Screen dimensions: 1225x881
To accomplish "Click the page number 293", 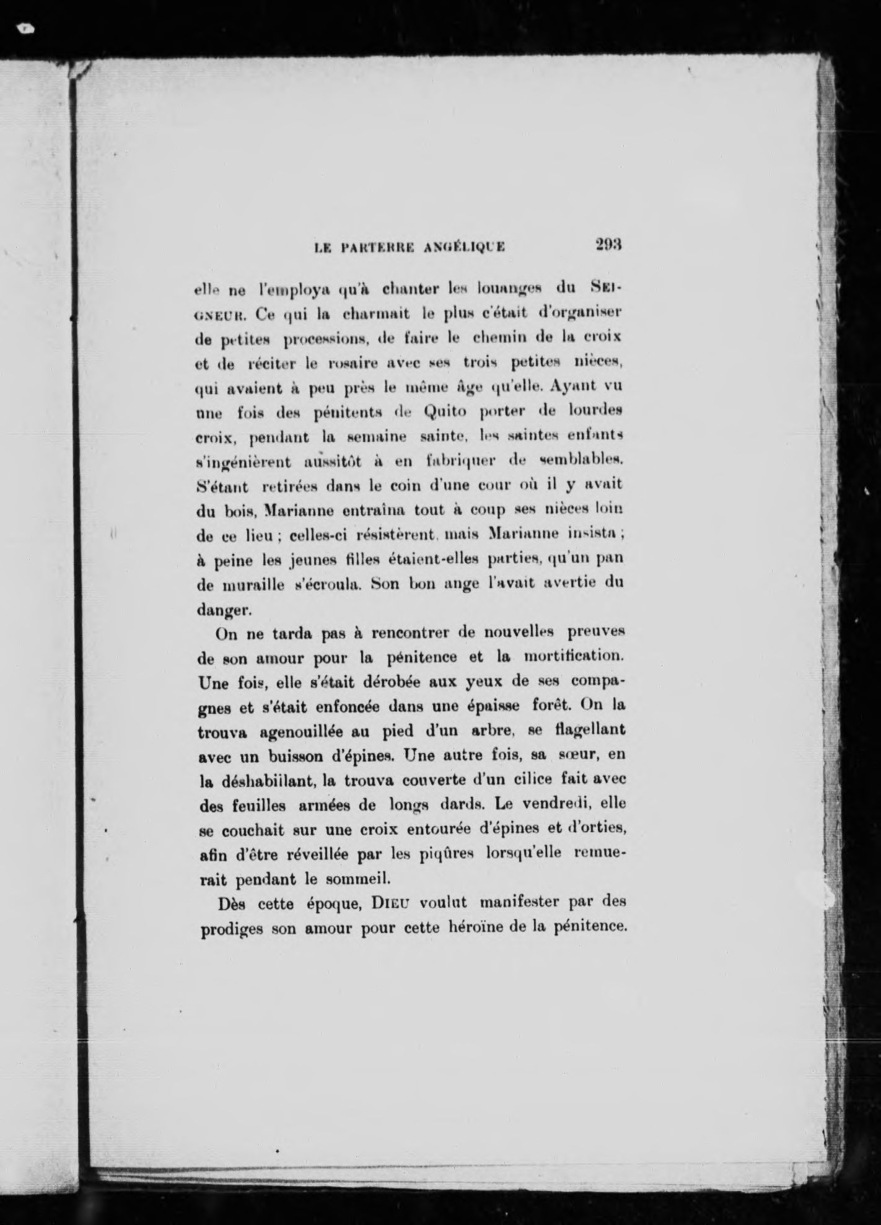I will pos(607,244).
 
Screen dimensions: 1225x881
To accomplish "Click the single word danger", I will pos(215,610).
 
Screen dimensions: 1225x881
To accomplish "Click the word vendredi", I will pos(558,804).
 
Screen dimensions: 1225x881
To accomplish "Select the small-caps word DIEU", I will pos(392,903).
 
